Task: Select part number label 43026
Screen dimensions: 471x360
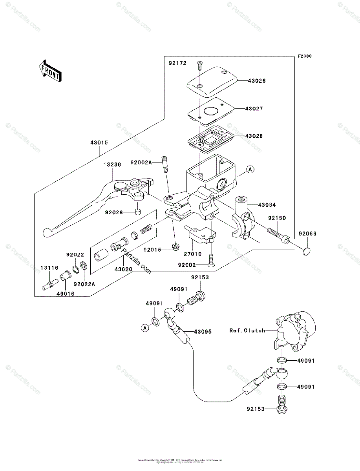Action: pos(256,81)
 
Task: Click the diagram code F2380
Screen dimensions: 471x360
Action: pos(304,56)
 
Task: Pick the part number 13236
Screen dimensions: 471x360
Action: pos(113,166)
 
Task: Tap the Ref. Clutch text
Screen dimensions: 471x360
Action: pos(247,330)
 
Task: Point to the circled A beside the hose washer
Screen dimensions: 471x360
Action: pos(144,327)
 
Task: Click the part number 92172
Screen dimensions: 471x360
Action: pos(178,63)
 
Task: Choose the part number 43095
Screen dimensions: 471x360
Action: pos(202,332)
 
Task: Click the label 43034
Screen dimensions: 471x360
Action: pos(267,204)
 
